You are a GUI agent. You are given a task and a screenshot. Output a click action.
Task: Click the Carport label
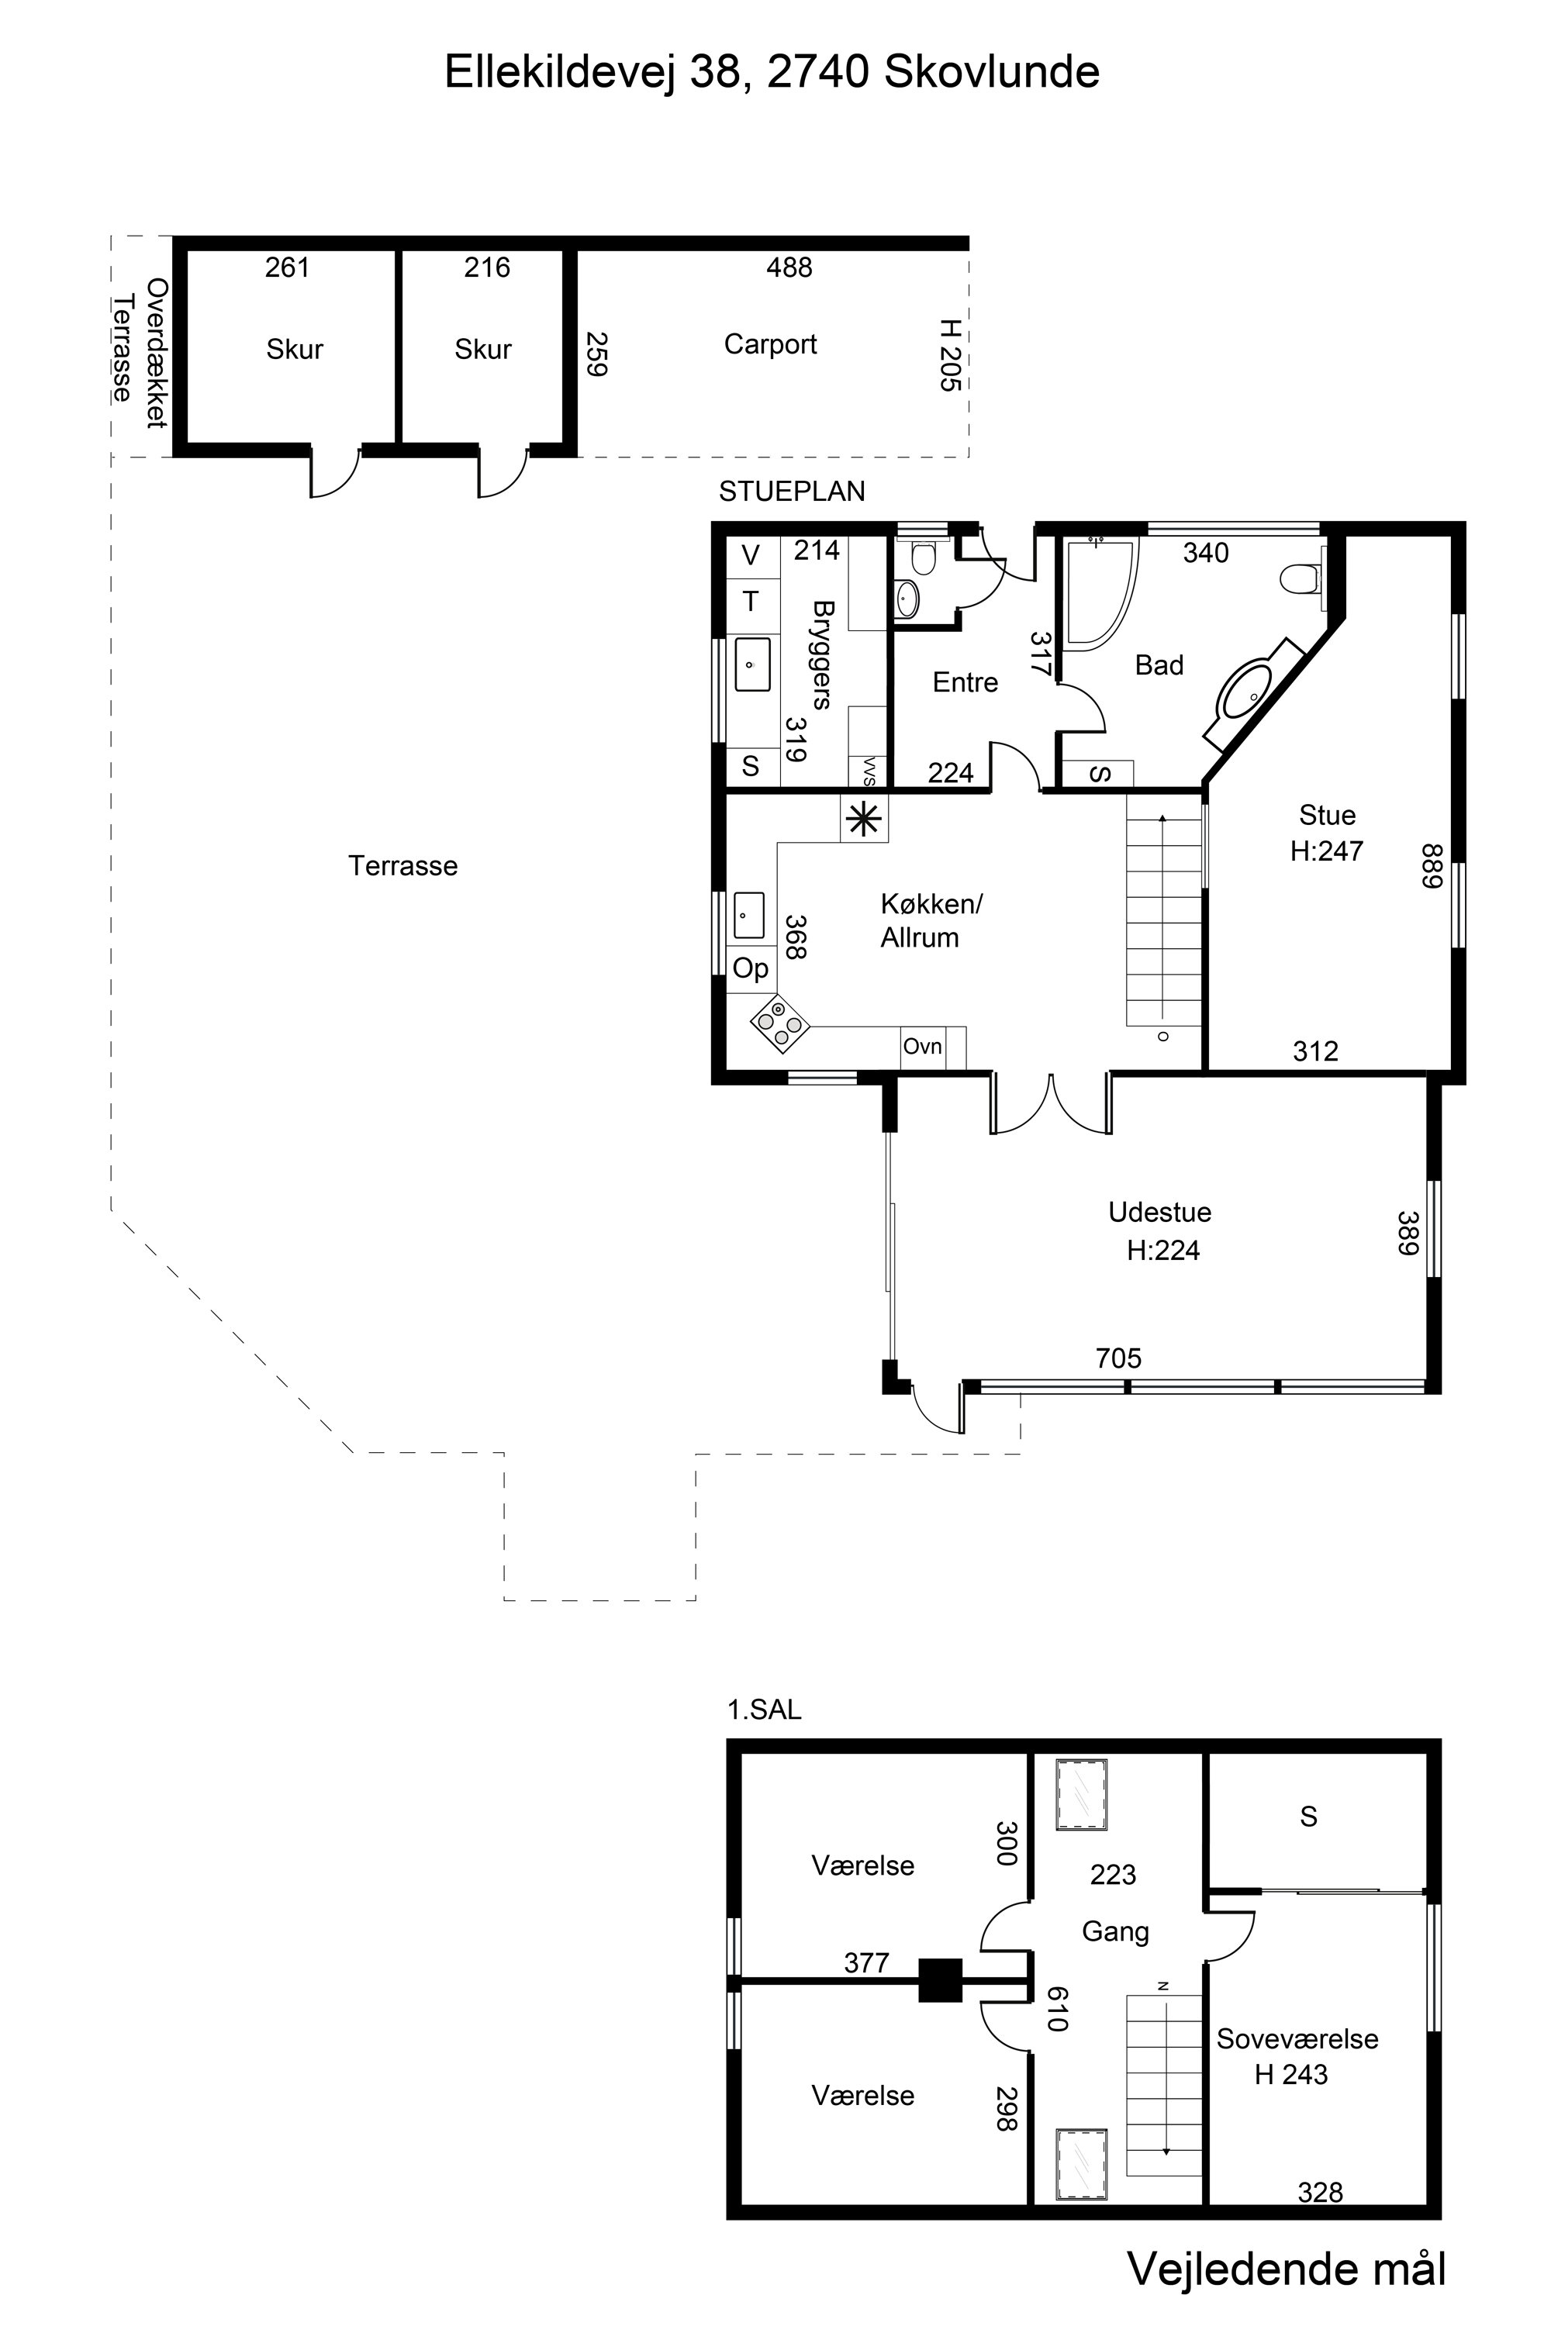[x=771, y=344]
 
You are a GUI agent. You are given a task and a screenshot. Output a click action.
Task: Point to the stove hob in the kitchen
[x=779, y=1023]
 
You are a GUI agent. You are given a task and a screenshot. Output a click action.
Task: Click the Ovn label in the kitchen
[x=923, y=1046]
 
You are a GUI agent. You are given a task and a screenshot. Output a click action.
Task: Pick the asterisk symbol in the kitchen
[x=864, y=819]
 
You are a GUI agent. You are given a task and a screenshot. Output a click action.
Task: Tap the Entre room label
[x=965, y=682]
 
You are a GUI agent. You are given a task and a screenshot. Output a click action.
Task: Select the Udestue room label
[x=1159, y=1213]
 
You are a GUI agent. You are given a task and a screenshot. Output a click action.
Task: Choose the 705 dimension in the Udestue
[x=1119, y=1358]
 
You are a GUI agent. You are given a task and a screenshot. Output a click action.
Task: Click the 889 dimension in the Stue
[x=1433, y=865]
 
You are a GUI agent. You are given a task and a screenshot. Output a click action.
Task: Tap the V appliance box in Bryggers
[x=751, y=556]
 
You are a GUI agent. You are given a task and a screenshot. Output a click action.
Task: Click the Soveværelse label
[x=1297, y=2038]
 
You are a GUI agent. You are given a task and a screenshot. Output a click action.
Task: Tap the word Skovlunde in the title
[x=991, y=72]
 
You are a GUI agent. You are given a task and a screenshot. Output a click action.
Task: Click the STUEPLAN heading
[x=791, y=492]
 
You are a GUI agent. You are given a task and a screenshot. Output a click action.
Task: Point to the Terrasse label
[x=402, y=866]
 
